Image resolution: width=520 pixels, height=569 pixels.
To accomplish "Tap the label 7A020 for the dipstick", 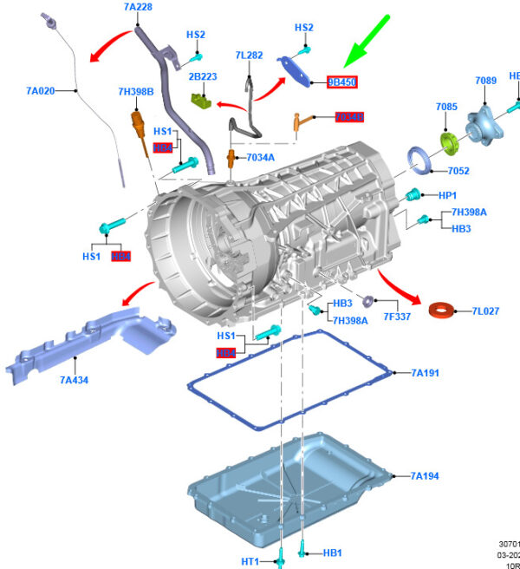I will pos(41,90).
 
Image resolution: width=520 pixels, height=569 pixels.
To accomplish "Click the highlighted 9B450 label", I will pos(341,82).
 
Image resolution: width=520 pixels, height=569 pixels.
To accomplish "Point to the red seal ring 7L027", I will pos(443,309).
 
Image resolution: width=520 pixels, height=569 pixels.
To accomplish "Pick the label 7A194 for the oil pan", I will pos(425,475).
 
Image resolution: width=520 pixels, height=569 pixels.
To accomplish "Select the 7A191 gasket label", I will pos(425,374).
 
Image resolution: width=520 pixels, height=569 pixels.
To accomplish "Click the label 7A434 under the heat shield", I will pos(74,380).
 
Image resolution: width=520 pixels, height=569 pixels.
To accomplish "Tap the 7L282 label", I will pos(249,56).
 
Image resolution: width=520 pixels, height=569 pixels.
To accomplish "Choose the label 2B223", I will pos(202,76).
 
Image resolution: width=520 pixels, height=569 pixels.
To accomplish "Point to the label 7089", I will pos(486,81).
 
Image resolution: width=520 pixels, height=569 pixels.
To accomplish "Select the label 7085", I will pos(447,108).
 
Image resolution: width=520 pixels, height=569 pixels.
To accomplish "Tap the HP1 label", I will pos(447,195).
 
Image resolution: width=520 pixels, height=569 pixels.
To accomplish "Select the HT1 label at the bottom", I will pos(250,561).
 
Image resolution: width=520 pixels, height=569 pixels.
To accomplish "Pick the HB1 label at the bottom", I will pos(333,552).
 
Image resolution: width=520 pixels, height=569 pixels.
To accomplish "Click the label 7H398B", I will pos(136,91).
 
